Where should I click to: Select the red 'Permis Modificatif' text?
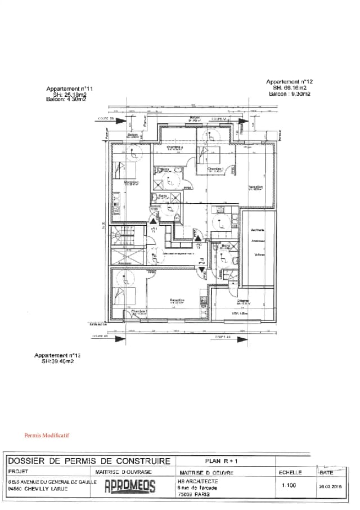click(x=47, y=435)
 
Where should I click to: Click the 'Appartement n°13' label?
click(x=57, y=356)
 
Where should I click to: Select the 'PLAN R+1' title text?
click(x=219, y=460)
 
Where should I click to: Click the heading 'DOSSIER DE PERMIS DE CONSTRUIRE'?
click(x=89, y=461)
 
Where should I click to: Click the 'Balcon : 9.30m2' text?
click(x=289, y=94)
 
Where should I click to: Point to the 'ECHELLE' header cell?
click(x=290, y=472)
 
